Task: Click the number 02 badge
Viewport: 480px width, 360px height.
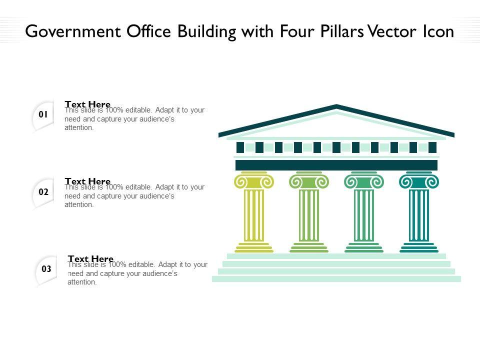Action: (x=43, y=192)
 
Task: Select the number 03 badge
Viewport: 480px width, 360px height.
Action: (x=46, y=269)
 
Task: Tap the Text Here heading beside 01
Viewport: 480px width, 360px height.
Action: (x=87, y=104)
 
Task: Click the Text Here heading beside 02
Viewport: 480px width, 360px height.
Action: (x=87, y=181)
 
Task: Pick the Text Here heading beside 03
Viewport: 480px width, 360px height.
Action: (x=90, y=258)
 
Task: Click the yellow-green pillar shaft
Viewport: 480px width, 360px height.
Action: (x=254, y=215)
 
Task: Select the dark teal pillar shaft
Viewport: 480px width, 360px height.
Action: (x=419, y=215)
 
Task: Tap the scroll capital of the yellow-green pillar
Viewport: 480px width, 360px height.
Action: (x=254, y=181)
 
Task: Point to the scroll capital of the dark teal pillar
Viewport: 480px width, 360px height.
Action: (x=419, y=181)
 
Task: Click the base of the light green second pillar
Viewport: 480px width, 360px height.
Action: (x=309, y=247)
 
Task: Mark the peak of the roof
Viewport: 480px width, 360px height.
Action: (x=336, y=106)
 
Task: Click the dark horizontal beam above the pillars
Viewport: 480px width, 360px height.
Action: (x=336, y=165)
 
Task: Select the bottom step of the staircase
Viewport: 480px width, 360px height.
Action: (x=336, y=279)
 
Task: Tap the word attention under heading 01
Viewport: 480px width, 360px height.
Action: (x=79, y=128)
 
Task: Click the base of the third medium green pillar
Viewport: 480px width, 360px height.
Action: (x=364, y=247)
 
